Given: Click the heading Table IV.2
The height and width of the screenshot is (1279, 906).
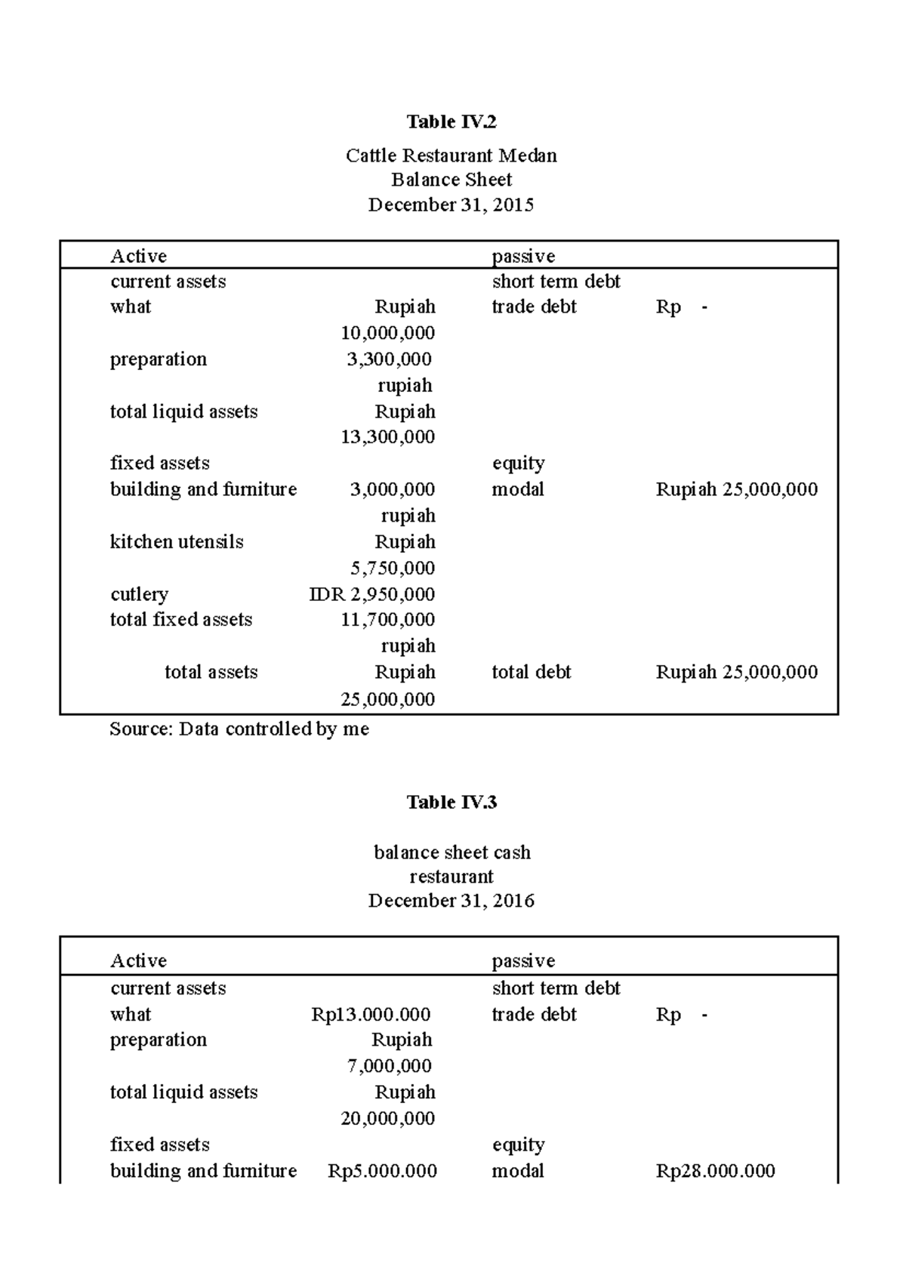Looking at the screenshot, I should (451, 122).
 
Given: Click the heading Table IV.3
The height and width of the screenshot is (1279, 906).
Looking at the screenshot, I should (451, 802).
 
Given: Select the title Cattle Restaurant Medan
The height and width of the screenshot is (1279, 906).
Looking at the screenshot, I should (451, 156).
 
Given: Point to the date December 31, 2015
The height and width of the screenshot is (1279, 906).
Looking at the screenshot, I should (451, 205).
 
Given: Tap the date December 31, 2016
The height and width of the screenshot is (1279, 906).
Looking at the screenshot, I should (451, 900).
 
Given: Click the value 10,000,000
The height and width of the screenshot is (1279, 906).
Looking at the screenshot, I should (387, 333).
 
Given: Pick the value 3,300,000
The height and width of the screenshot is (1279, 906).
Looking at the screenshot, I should (390, 359).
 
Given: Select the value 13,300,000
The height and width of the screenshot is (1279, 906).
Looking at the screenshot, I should (387, 436).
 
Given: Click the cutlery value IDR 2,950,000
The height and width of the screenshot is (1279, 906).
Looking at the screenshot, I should (371, 594).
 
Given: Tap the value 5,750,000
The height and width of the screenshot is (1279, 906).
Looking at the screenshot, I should (393, 568).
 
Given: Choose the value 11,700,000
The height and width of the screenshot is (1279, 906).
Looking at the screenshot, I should (387, 619).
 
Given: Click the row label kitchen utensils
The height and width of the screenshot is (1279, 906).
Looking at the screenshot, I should (177, 541).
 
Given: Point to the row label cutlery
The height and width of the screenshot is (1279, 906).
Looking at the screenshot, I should (139, 594).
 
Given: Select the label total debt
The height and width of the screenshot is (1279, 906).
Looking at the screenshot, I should (531, 672).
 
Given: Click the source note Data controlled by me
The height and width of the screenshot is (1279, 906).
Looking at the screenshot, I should (239, 729).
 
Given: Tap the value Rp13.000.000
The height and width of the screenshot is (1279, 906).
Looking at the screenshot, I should (371, 1014).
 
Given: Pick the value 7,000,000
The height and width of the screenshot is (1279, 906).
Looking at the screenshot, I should (390, 1065).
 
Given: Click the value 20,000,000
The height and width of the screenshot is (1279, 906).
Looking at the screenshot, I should (387, 1118).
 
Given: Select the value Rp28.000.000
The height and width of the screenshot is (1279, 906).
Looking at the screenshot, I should (715, 1171).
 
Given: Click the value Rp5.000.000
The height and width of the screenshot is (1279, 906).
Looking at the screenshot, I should (382, 1171).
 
